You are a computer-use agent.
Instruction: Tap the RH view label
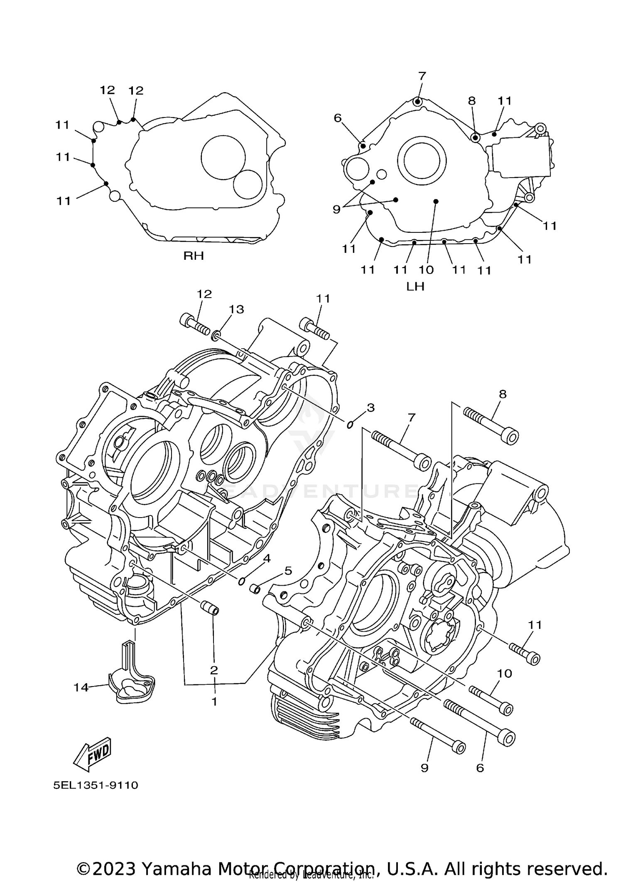(194, 256)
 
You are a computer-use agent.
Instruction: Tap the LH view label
(415, 286)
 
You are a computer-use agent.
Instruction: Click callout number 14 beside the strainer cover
(81, 688)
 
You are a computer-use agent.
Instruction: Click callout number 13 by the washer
(237, 309)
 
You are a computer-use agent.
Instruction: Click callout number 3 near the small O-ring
(370, 408)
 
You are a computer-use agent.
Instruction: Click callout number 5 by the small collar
(288, 571)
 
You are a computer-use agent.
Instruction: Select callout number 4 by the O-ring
(266, 559)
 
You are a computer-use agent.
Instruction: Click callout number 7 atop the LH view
(422, 76)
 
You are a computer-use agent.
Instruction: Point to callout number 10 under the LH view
(426, 270)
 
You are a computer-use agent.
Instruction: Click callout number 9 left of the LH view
(336, 209)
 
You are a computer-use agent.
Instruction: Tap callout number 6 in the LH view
(338, 118)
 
